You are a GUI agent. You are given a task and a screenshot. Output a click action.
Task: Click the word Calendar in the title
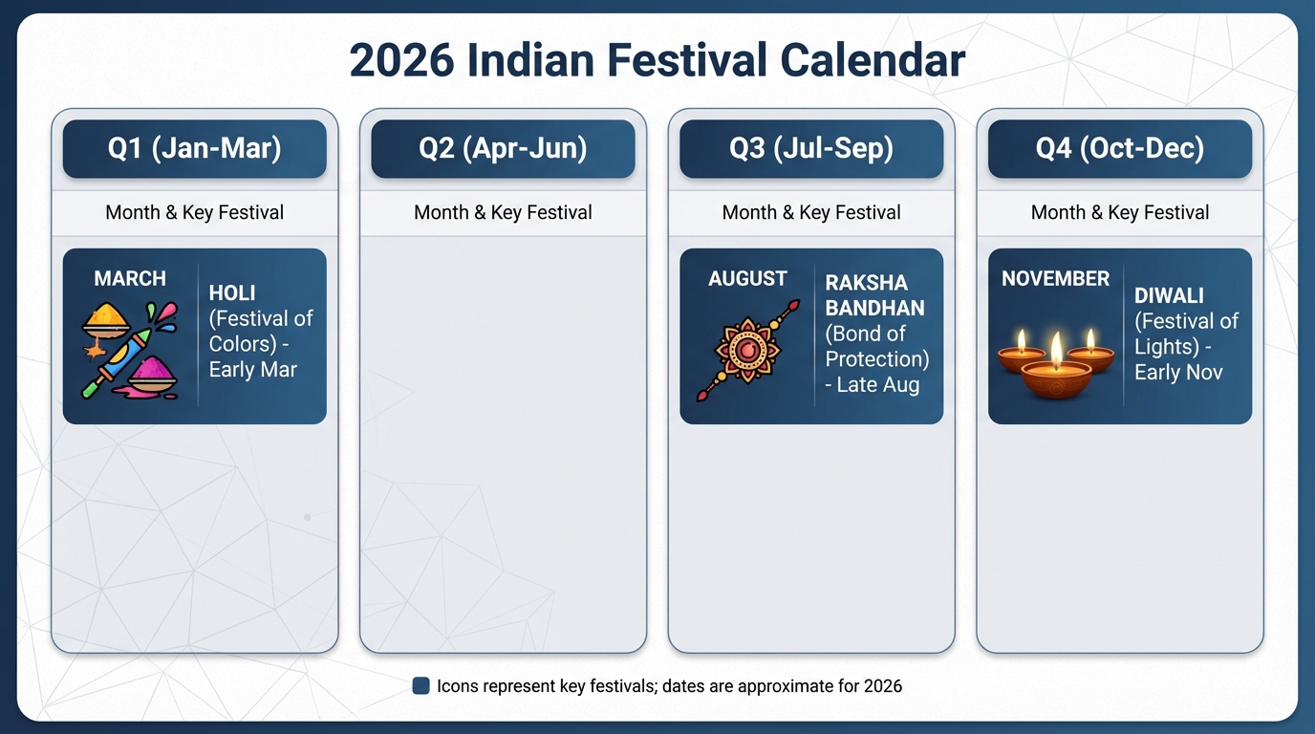[873, 60]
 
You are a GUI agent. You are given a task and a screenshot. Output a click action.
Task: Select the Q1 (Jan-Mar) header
[194, 148]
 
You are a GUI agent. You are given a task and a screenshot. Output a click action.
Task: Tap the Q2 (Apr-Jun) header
[503, 148]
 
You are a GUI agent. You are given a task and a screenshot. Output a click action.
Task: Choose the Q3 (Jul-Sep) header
[811, 148]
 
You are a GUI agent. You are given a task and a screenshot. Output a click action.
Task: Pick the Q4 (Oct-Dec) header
[1120, 148]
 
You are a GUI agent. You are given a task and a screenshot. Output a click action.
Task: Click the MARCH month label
[130, 278]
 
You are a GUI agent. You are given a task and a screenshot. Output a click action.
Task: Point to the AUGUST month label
[747, 278]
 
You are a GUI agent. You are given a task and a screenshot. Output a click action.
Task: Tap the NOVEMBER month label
[1055, 278]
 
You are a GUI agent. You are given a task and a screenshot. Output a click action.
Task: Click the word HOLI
[232, 293]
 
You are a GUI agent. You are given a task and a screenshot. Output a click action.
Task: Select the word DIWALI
[1169, 295]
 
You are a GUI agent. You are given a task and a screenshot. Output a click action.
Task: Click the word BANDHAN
[874, 309]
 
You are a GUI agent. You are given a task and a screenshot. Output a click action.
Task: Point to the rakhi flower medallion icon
[747, 351]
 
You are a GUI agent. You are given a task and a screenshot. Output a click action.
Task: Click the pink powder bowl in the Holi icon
[152, 376]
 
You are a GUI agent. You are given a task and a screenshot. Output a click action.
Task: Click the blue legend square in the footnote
[420, 686]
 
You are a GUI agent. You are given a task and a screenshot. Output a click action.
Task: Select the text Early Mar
[253, 370]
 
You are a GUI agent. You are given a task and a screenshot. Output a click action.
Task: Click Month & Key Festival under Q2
[503, 212]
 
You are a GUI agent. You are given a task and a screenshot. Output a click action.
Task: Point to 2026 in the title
[401, 60]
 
